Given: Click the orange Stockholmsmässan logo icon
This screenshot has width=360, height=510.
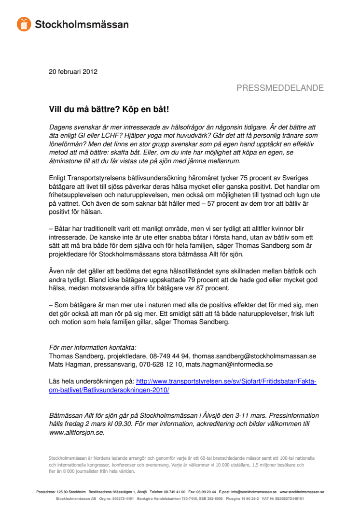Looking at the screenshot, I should point(24,24).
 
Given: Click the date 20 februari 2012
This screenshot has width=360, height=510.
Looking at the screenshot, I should point(73,72).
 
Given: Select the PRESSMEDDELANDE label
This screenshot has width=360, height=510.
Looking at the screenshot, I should point(280,88).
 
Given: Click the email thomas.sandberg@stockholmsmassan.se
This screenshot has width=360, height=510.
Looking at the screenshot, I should point(257,356).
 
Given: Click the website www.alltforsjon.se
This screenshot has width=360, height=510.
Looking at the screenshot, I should point(77,432).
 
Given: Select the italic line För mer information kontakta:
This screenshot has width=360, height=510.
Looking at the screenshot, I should point(93,347).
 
